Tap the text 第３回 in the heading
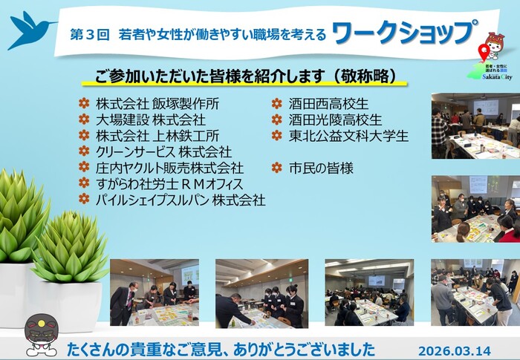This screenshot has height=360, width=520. click(x=90, y=34)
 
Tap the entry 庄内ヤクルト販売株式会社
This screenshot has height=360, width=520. click(x=169, y=168)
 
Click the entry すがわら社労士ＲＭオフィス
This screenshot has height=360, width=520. click(x=169, y=183)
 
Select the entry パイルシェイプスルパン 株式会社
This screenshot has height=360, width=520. click(x=181, y=200)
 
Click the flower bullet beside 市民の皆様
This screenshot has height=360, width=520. click(x=276, y=168)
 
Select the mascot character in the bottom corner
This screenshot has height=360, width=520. click(x=42, y=333)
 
